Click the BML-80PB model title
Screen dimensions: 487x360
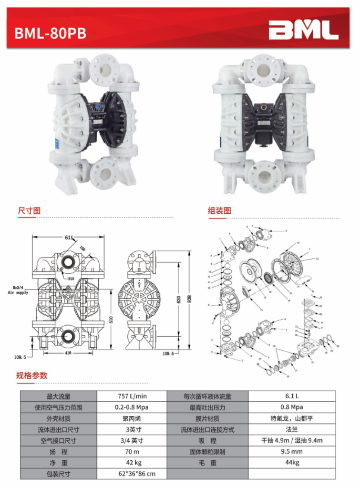(50, 33)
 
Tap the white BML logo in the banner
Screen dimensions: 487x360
(303, 30)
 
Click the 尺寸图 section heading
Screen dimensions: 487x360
(29, 211)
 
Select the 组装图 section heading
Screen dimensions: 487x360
(219, 211)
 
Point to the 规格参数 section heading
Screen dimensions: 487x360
(32, 375)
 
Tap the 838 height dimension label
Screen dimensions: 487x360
(189, 299)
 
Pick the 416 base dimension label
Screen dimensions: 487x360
(68, 353)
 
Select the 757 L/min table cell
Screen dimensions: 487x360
(132, 396)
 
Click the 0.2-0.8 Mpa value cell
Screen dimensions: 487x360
(132, 407)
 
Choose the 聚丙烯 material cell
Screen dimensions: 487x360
(132, 419)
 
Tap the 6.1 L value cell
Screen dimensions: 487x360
(292, 396)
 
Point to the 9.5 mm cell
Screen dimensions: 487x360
(292, 451)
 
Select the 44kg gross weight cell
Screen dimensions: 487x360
(292, 463)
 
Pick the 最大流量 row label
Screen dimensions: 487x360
(58, 397)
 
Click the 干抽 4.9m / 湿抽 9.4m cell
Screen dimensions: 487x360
(292, 441)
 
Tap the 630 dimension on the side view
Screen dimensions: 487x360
(179, 299)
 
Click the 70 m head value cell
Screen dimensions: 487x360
(132, 452)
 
